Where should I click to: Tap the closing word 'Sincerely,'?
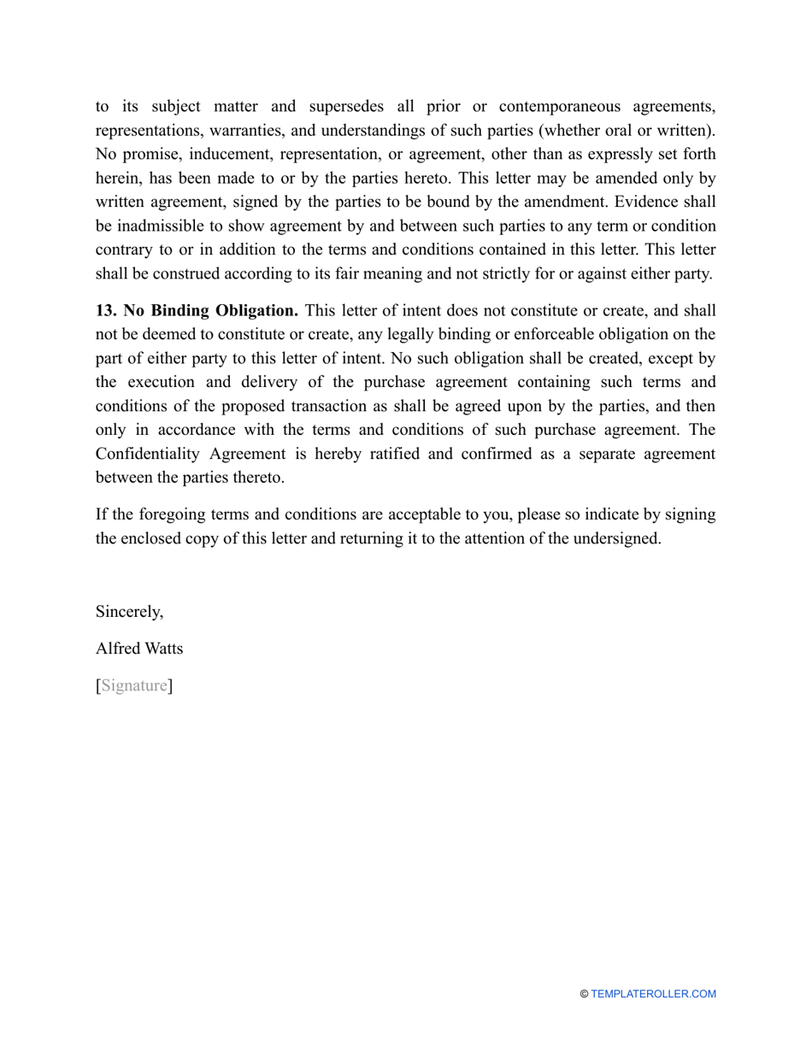(x=129, y=612)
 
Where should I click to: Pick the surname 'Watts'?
(x=164, y=649)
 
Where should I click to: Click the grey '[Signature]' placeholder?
(x=134, y=685)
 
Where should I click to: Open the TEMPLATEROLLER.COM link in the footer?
(x=653, y=994)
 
